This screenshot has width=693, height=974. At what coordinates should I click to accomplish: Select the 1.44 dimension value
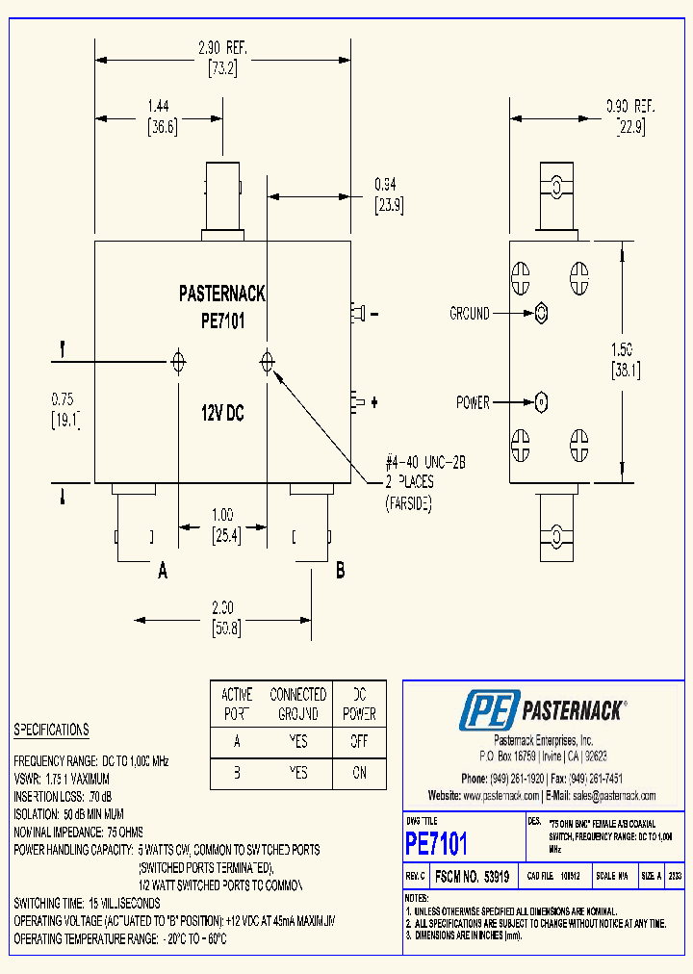[160, 108]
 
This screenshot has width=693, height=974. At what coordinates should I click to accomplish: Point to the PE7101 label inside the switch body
[222, 322]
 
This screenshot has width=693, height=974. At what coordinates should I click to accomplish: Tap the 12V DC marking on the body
[222, 413]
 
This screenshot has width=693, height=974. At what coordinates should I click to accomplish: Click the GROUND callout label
[469, 314]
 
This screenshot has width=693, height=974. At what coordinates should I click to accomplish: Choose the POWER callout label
[473, 402]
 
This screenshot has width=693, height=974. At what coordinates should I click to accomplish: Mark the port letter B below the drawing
[340, 571]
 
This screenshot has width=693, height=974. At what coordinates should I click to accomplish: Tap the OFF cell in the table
[359, 742]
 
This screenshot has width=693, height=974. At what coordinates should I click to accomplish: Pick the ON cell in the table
[359, 773]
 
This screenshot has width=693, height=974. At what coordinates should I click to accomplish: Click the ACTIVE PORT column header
[237, 705]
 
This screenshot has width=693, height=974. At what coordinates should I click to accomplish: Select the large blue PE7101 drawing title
[436, 844]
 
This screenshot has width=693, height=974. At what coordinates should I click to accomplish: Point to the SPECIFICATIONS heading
[51, 730]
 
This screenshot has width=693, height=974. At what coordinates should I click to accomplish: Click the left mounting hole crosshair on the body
[178, 362]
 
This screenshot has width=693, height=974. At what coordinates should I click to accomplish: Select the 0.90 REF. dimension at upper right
[629, 107]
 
